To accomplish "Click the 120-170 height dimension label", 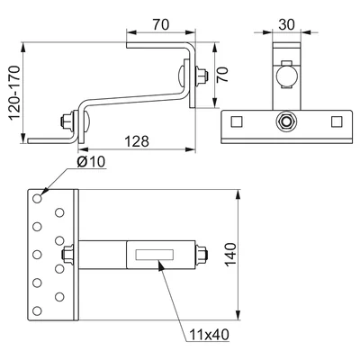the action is coord(14,93).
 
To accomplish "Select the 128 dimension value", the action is coord(137,141).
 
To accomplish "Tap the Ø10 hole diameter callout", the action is coord(91,162).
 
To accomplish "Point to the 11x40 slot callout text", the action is coord(209,334).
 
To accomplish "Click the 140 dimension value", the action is coord(231,255).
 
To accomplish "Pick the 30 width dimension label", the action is coord(286,24).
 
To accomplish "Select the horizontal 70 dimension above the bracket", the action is coord(161,24).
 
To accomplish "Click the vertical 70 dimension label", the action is coord(222,75).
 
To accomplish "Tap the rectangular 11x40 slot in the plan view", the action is coord(155,255).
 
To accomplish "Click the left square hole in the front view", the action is coord(237,121).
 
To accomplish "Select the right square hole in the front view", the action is coord(337,121).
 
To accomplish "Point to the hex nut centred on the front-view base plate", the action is coord(286,121).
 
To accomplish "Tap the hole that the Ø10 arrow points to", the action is coord(37,198).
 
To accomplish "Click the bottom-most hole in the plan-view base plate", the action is coord(37,310).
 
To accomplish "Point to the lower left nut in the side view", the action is coord(67,121).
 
